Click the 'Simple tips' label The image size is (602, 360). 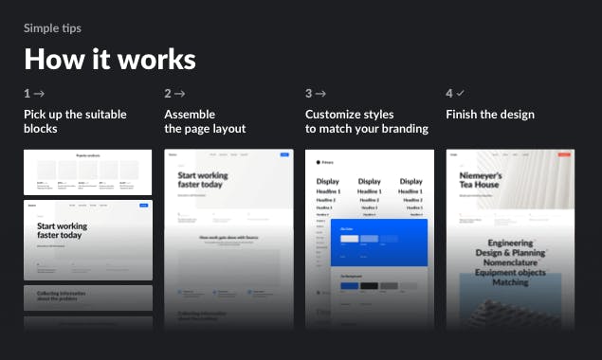[52, 28]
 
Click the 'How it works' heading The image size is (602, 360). [110, 60]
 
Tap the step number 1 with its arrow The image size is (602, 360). [34, 94]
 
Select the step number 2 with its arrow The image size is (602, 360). [174, 94]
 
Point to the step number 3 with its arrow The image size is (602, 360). [316, 94]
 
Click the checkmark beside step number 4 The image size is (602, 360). [460, 94]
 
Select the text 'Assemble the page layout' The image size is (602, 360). [205, 121]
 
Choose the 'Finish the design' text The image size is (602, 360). [490, 115]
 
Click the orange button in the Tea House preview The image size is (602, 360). [564, 154]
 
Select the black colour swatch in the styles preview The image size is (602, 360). [368, 285]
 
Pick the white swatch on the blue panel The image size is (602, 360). [349, 239]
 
